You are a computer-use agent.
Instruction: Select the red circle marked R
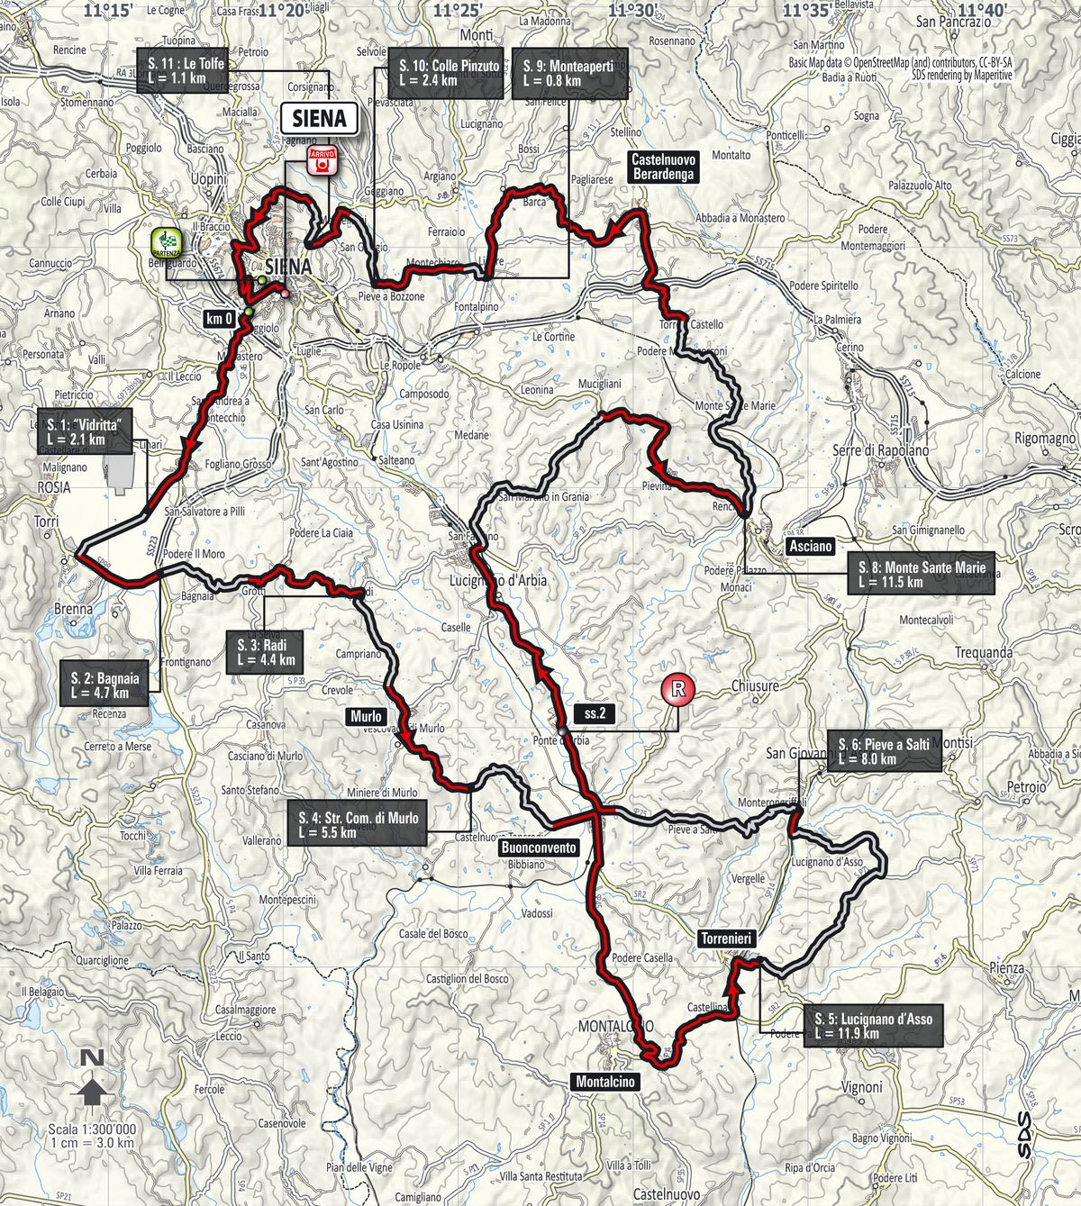pyautogui.click(x=678, y=690)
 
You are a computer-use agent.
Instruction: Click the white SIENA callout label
pyautogui.click(x=320, y=118)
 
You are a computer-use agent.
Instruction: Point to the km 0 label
pyautogui.click(x=220, y=317)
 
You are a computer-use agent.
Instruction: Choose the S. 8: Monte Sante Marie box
pyautogui.click(x=921, y=574)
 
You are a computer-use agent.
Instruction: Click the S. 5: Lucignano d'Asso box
pyautogui.click(x=873, y=1026)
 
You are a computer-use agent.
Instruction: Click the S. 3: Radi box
pyautogui.click(x=266, y=652)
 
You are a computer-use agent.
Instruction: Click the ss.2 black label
pyautogui.click(x=595, y=713)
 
